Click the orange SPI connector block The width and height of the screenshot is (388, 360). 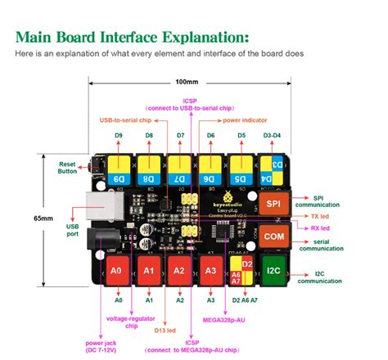[x=273, y=203]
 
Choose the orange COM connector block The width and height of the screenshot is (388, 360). [x=273, y=236]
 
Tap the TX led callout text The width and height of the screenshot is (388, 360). [x=321, y=215]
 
